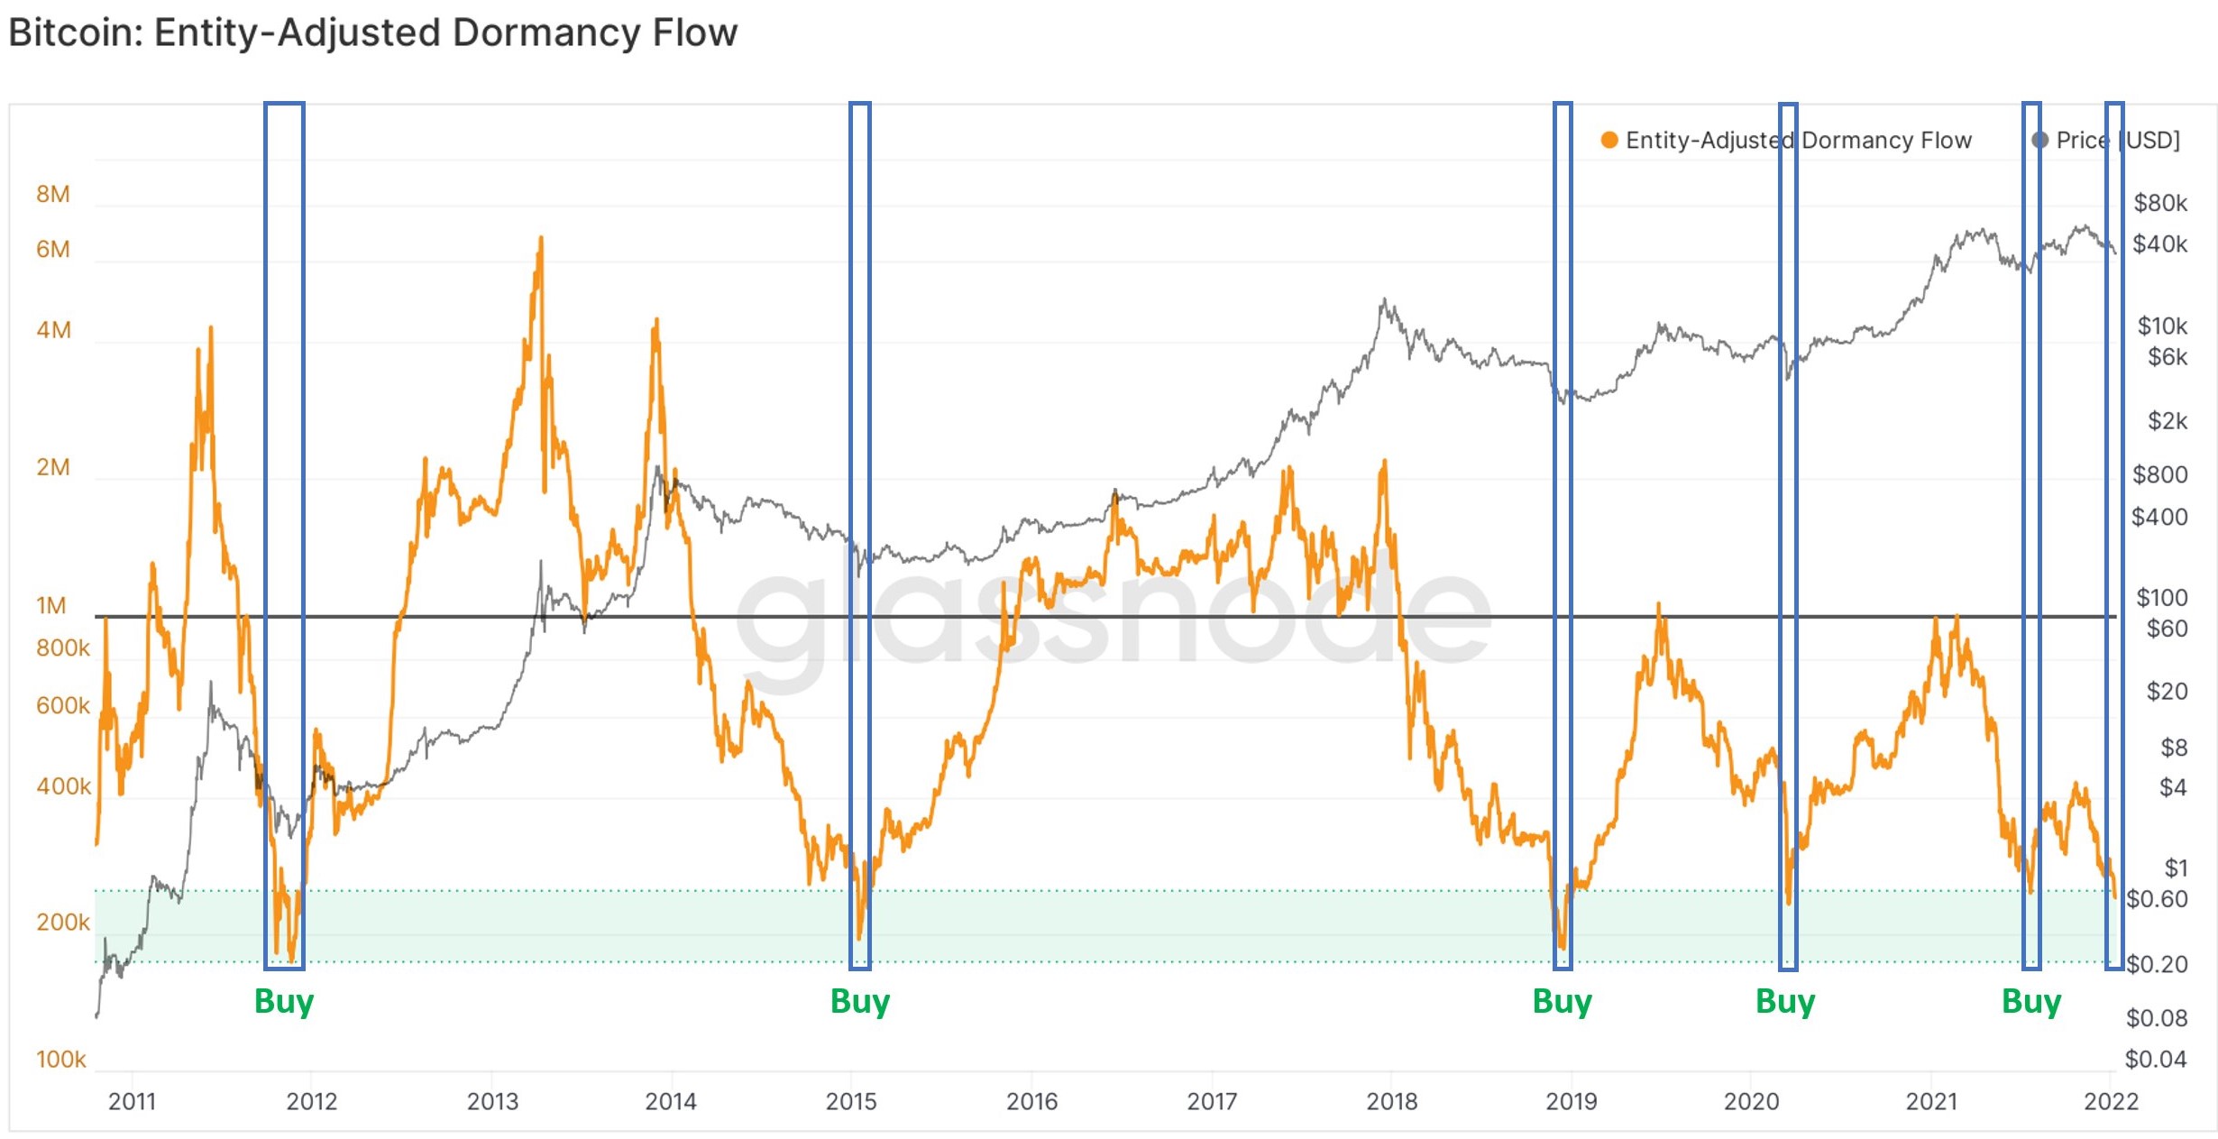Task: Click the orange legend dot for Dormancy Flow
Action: (x=1609, y=140)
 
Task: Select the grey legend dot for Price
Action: (x=2039, y=140)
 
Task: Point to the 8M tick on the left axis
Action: (x=53, y=194)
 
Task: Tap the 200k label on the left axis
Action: (x=63, y=923)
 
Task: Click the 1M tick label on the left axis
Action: (x=51, y=605)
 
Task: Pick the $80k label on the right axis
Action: (x=2160, y=203)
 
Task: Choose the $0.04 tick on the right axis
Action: (x=2156, y=1059)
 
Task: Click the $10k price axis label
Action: (x=2162, y=326)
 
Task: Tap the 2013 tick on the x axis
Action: (x=492, y=1101)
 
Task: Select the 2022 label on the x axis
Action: (x=2111, y=1101)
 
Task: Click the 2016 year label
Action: (x=1031, y=1101)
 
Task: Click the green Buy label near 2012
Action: (x=284, y=1001)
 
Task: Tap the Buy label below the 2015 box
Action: (x=860, y=1001)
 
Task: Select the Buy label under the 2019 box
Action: (x=1563, y=1001)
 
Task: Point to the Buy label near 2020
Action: (x=1785, y=1001)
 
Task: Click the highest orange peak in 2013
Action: (x=541, y=238)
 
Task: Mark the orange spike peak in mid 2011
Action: (x=211, y=328)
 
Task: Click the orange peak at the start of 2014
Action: (x=656, y=320)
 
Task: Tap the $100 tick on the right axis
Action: (x=2162, y=597)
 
